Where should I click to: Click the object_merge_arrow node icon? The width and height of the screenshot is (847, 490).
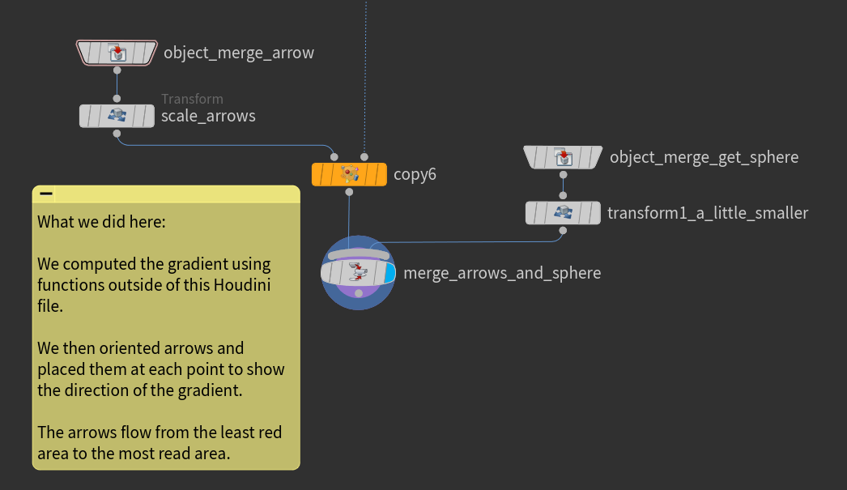[117, 53]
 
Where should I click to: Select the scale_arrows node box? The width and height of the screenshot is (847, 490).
[117, 116]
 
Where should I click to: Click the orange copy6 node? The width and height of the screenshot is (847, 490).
[349, 174]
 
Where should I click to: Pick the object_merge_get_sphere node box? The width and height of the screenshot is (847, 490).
[562, 157]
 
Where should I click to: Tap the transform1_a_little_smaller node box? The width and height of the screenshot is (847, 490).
[562, 213]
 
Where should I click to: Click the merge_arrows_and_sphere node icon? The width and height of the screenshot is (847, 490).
[358, 273]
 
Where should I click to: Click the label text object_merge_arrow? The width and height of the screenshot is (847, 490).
[238, 53]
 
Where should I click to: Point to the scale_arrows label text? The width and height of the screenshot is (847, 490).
[208, 116]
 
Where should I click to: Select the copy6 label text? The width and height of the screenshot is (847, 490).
[415, 174]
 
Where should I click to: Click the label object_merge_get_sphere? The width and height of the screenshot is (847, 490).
[704, 157]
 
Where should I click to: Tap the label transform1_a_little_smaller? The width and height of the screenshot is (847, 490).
[708, 213]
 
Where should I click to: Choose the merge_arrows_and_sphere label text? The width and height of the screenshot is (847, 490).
[502, 273]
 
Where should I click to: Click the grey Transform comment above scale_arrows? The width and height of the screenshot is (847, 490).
[192, 99]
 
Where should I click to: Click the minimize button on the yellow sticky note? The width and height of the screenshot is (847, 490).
[46, 194]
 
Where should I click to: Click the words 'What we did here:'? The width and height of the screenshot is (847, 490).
[101, 222]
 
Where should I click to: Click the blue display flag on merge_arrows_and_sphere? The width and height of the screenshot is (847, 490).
[389, 273]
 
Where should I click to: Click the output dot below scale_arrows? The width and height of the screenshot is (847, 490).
[117, 133]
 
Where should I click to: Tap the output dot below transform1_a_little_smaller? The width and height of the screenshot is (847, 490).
[562, 230]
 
